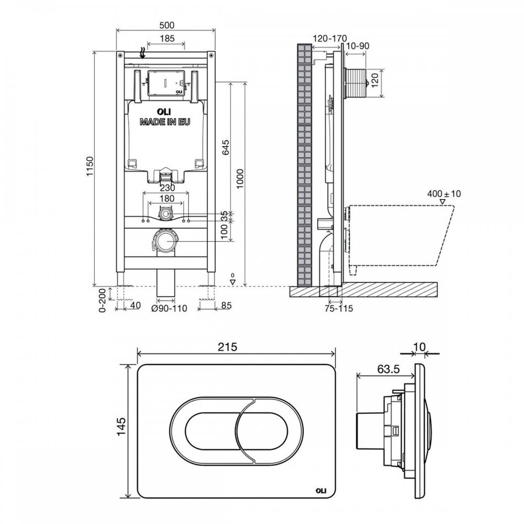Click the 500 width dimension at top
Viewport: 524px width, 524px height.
pyautogui.click(x=167, y=25)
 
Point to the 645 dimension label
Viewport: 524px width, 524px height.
pyautogui.click(x=226, y=148)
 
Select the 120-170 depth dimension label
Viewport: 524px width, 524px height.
pyautogui.click(x=329, y=38)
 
